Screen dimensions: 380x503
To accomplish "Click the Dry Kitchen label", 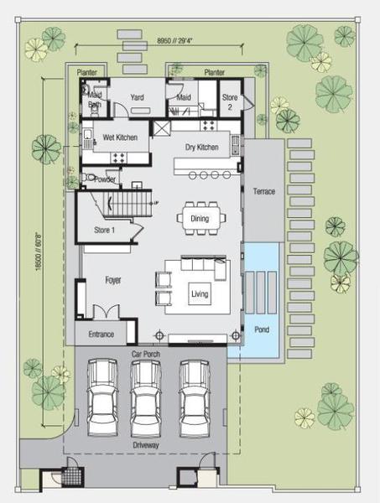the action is coord(202,148).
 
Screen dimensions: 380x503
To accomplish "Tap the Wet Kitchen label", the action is coord(120,137).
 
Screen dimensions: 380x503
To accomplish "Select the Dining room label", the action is coord(200,219).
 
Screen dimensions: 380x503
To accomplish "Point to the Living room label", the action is coord(200,294).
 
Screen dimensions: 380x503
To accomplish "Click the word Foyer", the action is coord(113,280).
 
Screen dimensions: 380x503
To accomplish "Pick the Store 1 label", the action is coord(104,230).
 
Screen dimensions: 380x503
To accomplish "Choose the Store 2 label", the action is coord(230,101).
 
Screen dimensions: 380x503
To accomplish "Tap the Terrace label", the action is coord(264,191).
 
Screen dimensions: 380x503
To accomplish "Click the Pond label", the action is coord(262,329).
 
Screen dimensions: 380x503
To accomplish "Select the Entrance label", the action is coord(102,334).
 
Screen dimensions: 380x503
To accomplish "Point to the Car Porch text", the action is coord(146,354).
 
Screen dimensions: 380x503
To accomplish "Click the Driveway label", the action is coord(146,445).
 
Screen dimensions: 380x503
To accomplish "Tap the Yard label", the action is coord(137,97).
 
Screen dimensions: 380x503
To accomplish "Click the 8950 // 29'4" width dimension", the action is coord(175,41).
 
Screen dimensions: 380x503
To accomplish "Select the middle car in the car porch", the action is coord(146,398).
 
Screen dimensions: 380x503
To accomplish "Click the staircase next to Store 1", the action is coord(128,204).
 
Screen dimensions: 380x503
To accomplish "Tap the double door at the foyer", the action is coord(106,312).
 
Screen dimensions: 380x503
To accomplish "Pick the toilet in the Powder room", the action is coord(87,178).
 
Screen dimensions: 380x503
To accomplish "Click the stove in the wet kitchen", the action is coord(119,158).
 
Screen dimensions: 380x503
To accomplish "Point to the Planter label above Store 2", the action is coord(215,72).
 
